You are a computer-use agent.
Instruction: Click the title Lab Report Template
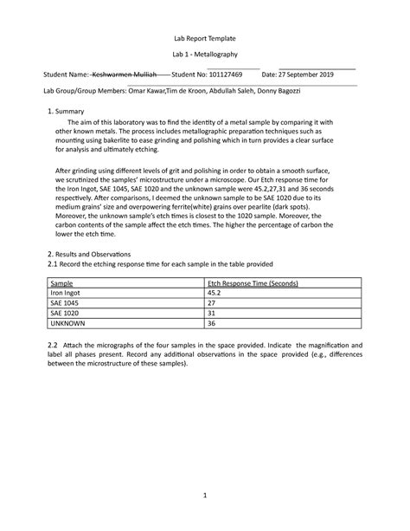pyautogui.click(x=205, y=40)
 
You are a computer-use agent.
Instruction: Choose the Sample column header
pyautogui.click(x=61, y=283)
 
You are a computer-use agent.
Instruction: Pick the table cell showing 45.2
pyautogui.click(x=217, y=295)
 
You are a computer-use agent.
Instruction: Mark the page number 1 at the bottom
pyautogui.click(x=205, y=495)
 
